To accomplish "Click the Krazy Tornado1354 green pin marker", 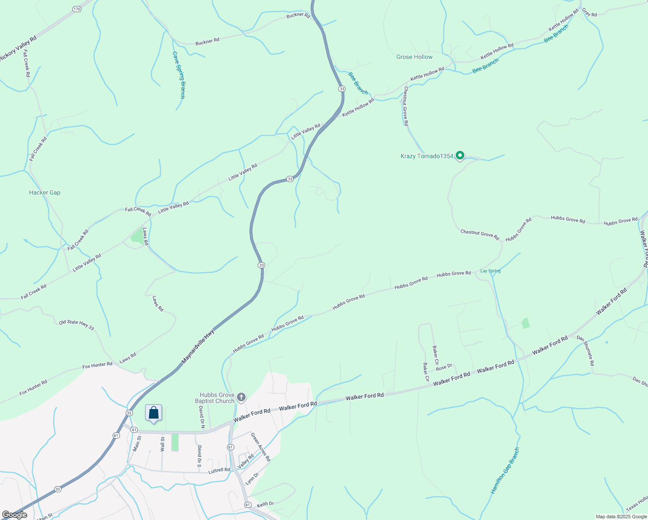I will pos(460,155).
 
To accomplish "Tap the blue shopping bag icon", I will pos(153,413).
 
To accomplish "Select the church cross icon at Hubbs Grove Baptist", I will pos(241,397).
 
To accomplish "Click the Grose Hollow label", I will pos(414,57).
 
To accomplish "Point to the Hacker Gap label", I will pos(45,192).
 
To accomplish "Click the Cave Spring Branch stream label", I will pos(178,75).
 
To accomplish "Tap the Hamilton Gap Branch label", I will pos(505,471).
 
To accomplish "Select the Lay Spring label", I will pos(490,271).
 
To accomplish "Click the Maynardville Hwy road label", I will pos(198,346).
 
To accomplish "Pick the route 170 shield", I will pos(77,9).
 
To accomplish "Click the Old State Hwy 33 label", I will pos(76,325).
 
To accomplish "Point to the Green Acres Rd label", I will pos(260,447).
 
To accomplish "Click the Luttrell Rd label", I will pos(219,470).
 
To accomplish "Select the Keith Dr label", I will pos(265,504).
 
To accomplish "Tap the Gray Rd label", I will pos(590,13).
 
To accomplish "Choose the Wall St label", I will pos(162,444).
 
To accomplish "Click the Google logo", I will pos(14,515).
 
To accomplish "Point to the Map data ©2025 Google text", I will pos(621,517).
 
